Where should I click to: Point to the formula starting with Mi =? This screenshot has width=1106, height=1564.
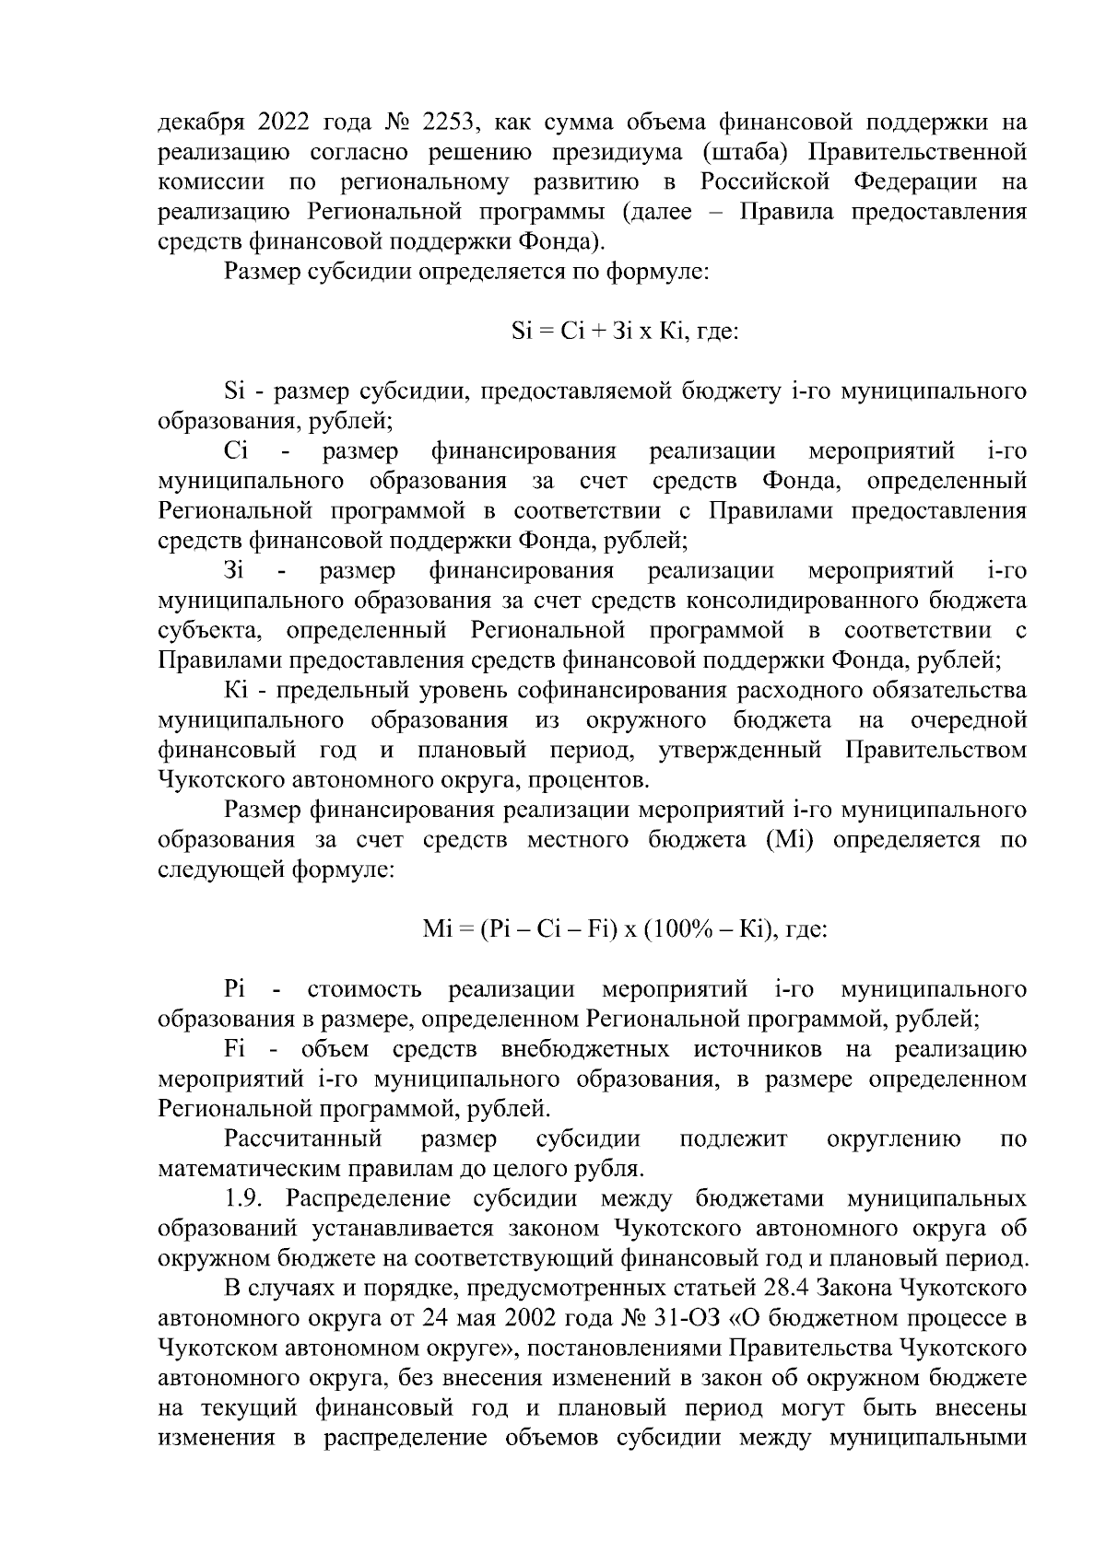[623, 930]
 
